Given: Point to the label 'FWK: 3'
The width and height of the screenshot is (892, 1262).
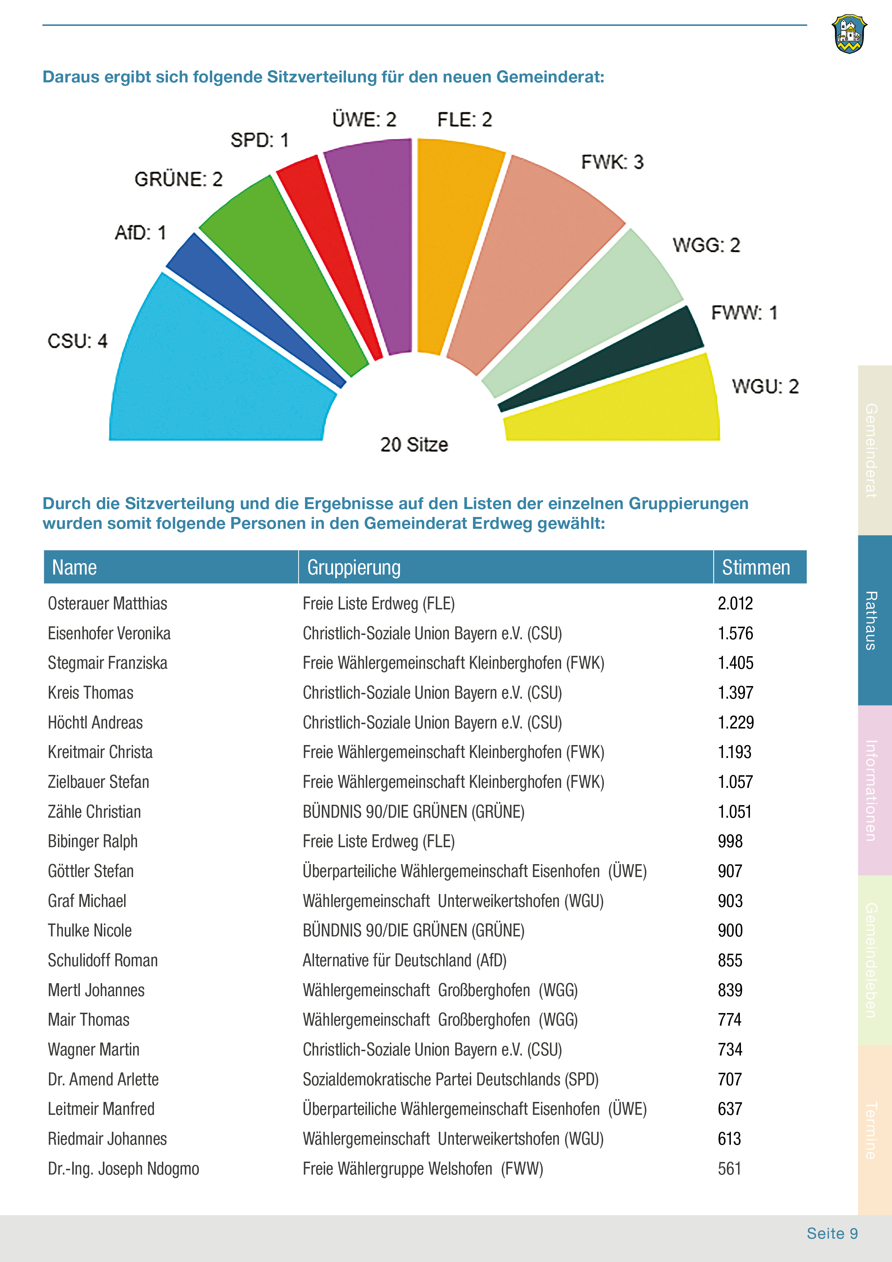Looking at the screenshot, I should pos(612,162).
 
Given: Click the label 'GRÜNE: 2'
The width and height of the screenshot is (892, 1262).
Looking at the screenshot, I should pos(179,179).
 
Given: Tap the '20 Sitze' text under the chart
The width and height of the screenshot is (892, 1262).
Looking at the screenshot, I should pos(414,445).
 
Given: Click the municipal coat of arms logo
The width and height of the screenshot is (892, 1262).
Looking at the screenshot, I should pos(849,34).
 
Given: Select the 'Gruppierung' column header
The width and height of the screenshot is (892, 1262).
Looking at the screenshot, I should pos(354,567).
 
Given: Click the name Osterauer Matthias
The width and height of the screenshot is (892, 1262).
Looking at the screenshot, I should pos(108,604).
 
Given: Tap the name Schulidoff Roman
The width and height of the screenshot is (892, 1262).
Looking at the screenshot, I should pos(103,960).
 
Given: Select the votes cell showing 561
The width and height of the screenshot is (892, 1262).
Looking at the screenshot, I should pos(729,1168).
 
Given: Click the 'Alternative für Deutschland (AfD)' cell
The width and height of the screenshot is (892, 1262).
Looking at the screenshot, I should pos(405,960).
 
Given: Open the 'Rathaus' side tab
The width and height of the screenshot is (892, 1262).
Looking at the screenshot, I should pos(874,620).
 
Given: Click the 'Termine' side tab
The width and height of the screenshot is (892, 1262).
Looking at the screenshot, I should pos(874,1130).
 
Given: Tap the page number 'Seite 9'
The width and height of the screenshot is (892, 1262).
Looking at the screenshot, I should pos(832,1234).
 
